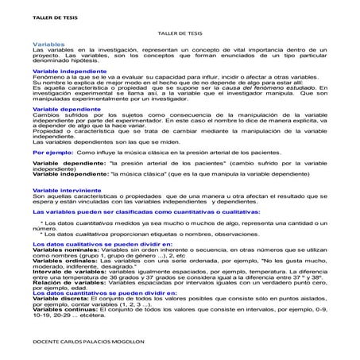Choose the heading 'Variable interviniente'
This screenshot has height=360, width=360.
(x=64, y=191)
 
